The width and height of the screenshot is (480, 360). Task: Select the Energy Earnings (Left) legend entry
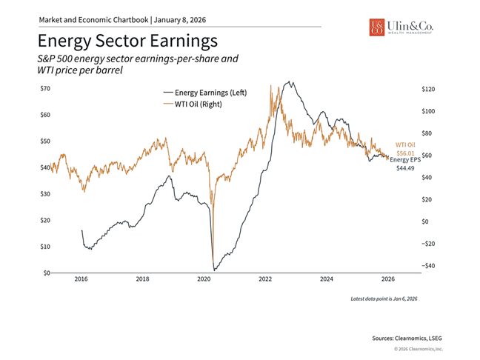(x=204, y=93)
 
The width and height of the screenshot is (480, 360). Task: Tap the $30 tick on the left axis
(x=44, y=194)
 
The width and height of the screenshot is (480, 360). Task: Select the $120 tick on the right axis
(x=429, y=89)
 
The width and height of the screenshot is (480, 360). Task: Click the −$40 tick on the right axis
(x=429, y=265)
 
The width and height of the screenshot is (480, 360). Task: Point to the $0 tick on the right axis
(x=425, y=221)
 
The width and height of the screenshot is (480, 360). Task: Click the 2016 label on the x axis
(x=81, y=280)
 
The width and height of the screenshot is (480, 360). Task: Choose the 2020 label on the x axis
(x=204, y=280)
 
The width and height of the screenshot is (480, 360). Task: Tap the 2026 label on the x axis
(x=387, y=280)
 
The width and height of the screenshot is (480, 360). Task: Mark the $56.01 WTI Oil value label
(x=405, y=153)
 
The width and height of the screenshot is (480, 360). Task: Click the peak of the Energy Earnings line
(x=289, y=82)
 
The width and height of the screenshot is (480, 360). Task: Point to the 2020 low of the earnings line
(x=213, y=270)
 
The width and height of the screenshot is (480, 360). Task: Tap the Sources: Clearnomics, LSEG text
(x=406, y=337)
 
